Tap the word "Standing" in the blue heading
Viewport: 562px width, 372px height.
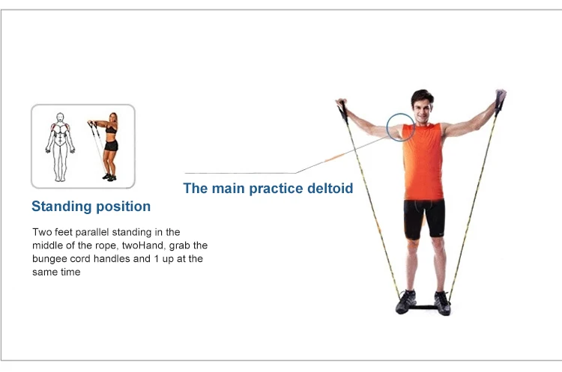point(59,207)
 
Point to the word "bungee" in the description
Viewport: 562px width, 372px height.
point(49,259)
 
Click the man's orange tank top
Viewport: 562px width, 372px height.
point(423,161)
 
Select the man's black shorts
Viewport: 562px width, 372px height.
point(424,218)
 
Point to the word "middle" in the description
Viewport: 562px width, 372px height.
point(48,246)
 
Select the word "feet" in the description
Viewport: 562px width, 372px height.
point(61,232)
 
